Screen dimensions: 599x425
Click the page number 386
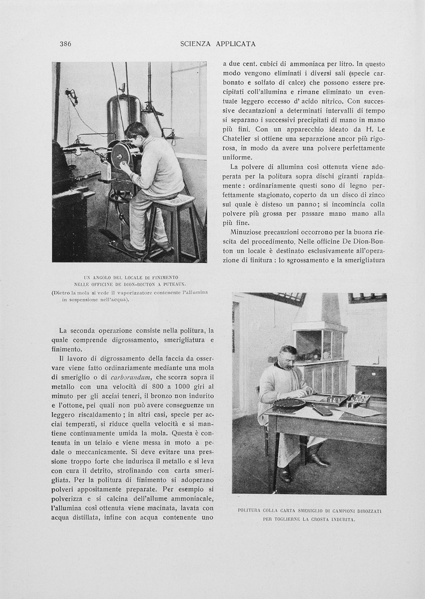(65, 44)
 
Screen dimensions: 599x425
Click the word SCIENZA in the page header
(198, 44)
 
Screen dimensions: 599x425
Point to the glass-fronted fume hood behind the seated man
(319, 344)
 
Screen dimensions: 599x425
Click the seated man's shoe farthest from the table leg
(318, 461)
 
